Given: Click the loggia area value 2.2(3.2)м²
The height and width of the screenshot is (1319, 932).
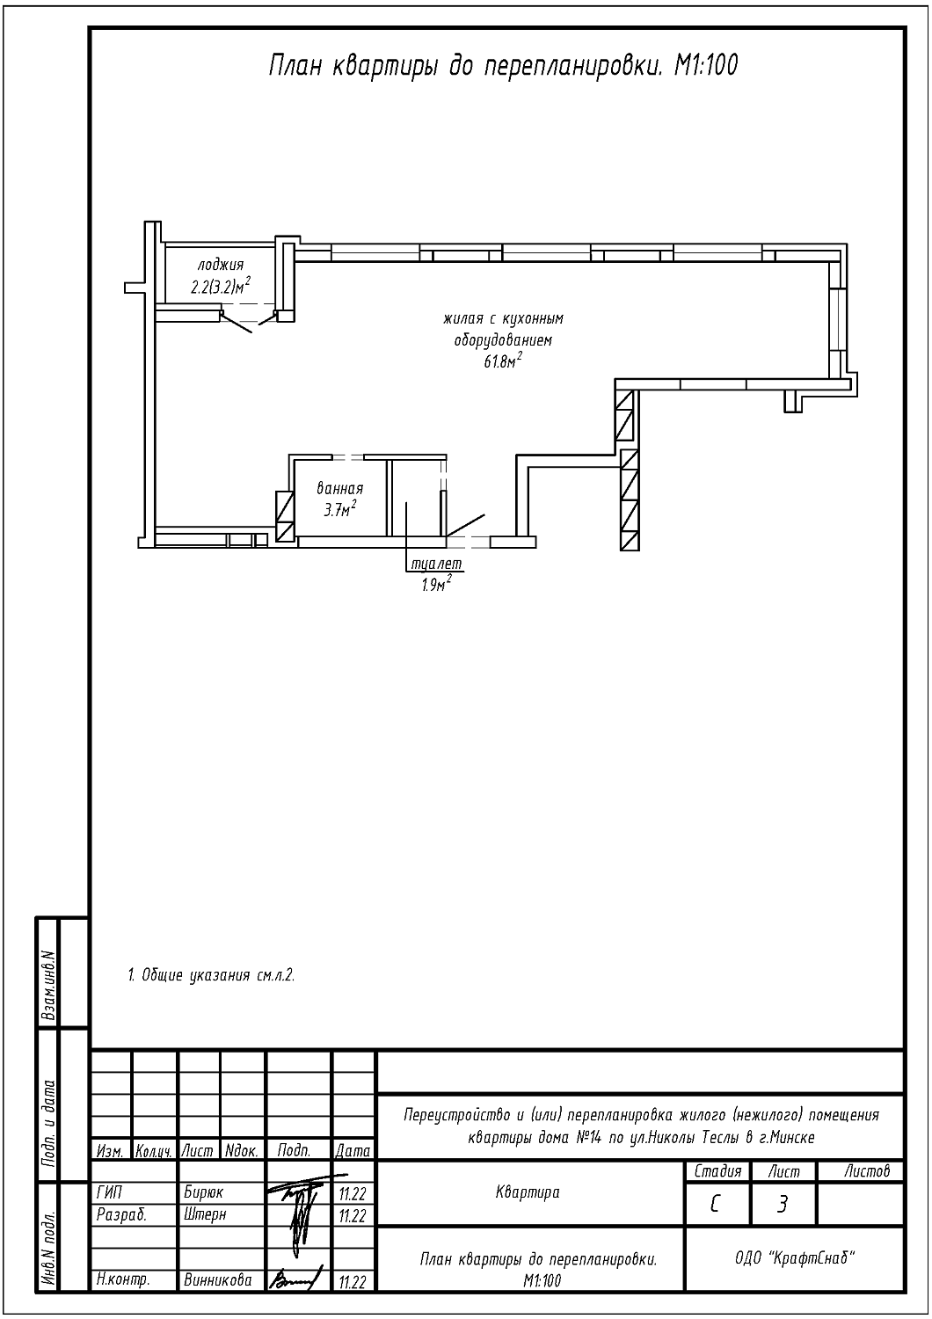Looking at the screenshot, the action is pyautogui.click(x=220, y=287).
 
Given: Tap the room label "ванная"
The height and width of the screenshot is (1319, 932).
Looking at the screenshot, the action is pyautogui.click(x=339, y=489).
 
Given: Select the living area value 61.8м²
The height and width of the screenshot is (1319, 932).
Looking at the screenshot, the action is pyautogui.click(x=504, y=361).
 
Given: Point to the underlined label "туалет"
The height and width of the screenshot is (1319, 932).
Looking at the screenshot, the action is pyautogui.click(x=437, y=564).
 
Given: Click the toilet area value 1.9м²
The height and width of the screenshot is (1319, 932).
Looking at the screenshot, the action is pyautogui.click(x=436, y=584).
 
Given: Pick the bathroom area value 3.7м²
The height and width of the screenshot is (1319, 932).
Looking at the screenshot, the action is pyautogui.click(x=341, y=509).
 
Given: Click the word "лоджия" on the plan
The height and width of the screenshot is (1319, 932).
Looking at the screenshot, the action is pyautogui.click(x=221, y=265).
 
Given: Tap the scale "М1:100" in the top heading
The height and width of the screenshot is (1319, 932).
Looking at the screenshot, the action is pyautogui.click(x=705, y=65).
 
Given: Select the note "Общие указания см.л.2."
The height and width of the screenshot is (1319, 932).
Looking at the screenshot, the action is pyautogui.click(x=211, y=975).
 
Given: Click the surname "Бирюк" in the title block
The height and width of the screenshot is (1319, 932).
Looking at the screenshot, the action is pyautogui.click(x=204, y=1193).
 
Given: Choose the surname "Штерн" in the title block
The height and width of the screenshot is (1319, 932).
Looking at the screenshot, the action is pyautogui.click(x=205, y=1214).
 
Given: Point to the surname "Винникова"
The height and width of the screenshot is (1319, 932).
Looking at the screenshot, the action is pyautogui.click(x=218, y=1280).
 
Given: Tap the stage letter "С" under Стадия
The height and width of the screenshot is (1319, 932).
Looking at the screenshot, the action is pyautogui.click(x=715, y=1205).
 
